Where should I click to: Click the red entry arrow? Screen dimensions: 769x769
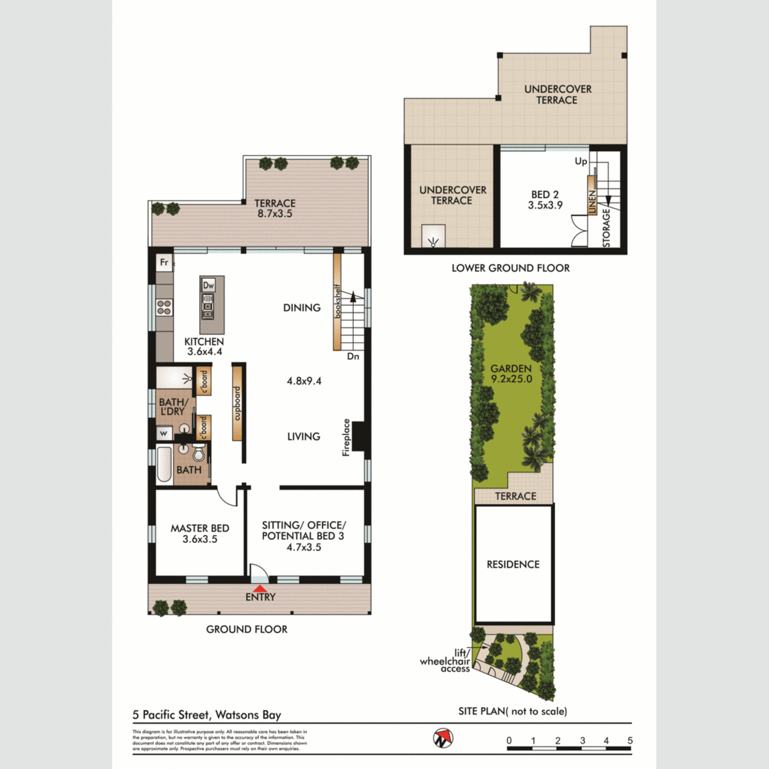pyautogui.click(x=259, y=588)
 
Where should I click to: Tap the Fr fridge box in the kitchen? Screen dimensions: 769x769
pyautogui.click(x=164, y=263)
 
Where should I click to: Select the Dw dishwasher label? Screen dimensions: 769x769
pyautogui.click(x=209, y=286)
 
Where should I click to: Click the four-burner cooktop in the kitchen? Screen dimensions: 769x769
pyautogui.click(x=164, y=308)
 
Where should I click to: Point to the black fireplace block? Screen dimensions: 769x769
pyautogui.click(x=358, y=437)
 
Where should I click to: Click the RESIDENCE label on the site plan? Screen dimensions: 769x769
pyautogui.click(x=513, y=564)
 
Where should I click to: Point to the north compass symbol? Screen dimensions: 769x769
pyautogui.click(x=442, y=738)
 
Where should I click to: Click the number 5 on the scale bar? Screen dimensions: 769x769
pyautogui.click(x=630, y=740)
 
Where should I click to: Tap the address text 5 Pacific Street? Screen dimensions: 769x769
pyautogui.click(x=207, y=715)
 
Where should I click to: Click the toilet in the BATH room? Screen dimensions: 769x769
pyautogui.click(x=199, y=454)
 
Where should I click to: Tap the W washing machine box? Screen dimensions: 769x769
pyautogui.click(x=164, y=433)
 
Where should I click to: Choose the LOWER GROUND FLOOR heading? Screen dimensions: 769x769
pyautogui.click(x=510, y=268)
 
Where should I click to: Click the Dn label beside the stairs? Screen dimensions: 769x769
pyautogui.click(x=353, y=356)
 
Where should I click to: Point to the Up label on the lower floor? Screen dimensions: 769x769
pyautogui.click(x=580, y=161)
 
